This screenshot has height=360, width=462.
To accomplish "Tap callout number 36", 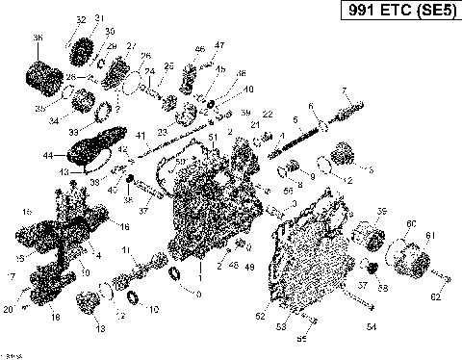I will click(38, 38).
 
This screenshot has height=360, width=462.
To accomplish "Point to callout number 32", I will click(80, 19).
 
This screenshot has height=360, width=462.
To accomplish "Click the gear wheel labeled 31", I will click(83, 48).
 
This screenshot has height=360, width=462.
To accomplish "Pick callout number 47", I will click(218, 45).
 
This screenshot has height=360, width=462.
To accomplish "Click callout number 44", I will click(48, 155).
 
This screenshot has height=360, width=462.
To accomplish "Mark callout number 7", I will click(344, 90).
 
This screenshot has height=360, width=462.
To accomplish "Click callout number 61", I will click(428, 235).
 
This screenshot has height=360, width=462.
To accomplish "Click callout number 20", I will click(8, 310).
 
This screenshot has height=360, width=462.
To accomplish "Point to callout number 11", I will click(126, 250).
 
